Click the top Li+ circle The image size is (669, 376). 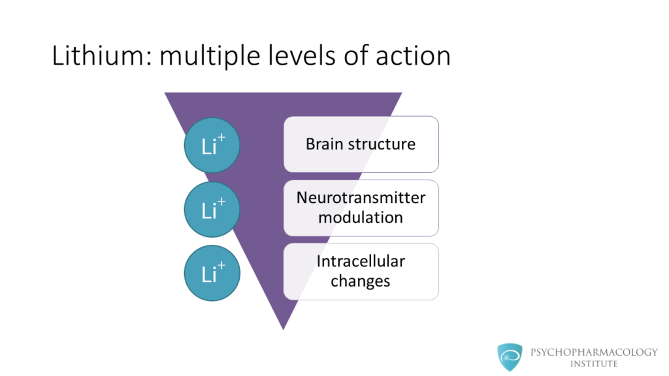(x=212, y=145)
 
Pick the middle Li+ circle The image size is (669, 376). (x=212, y=208)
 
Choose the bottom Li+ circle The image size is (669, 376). (x=212, y=272)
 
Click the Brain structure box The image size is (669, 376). (x=361, y=144)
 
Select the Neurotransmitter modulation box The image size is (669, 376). (x=361, y=208)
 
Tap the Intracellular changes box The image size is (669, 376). (x=361, y=272)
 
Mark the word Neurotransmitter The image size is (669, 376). (x=361, y=198)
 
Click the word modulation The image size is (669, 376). (x=361, y=217)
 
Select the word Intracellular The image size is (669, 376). (x=361, y=262)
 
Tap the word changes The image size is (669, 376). (x=361, y=281)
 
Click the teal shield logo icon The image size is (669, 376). (x=510, y=356)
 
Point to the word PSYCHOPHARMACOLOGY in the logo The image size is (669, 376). (x=595, y=352)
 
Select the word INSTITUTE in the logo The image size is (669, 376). (x=595, y=364)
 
